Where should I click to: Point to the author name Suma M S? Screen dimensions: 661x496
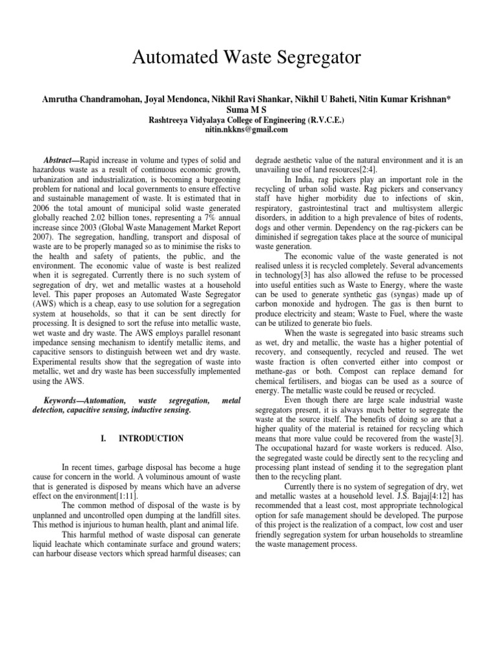[248, 111]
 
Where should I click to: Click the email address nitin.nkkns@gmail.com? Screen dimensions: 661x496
[247, 130]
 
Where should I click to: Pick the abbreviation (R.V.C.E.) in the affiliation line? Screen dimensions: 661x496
[322, 121]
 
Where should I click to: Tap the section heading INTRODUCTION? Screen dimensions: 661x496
[150, 439]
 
